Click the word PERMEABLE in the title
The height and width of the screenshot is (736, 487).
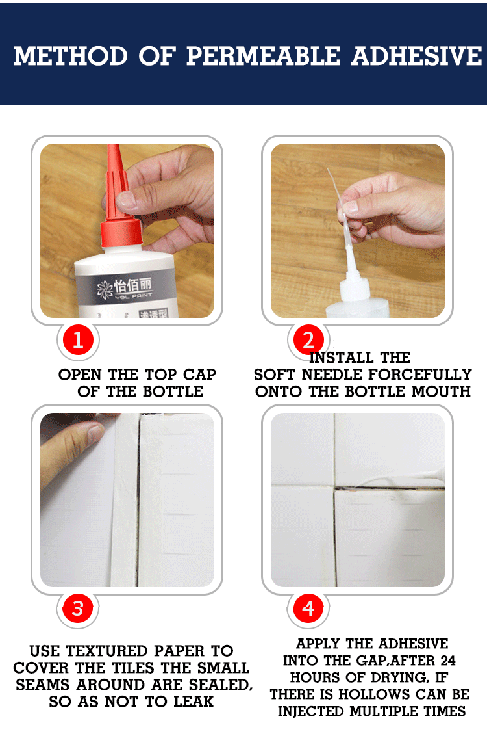coord(263,57)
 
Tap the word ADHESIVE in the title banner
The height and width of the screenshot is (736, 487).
coord(417,57)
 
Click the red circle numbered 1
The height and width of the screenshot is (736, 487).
coord(78,340)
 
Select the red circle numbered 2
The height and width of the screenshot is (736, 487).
coord(308,339)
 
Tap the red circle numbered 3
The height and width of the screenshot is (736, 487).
coord(78,609)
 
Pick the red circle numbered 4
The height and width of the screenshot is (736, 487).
coord(308,609)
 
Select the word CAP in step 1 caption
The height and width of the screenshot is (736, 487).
coord(199,375)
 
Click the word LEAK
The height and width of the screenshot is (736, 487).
coord(194,702)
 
